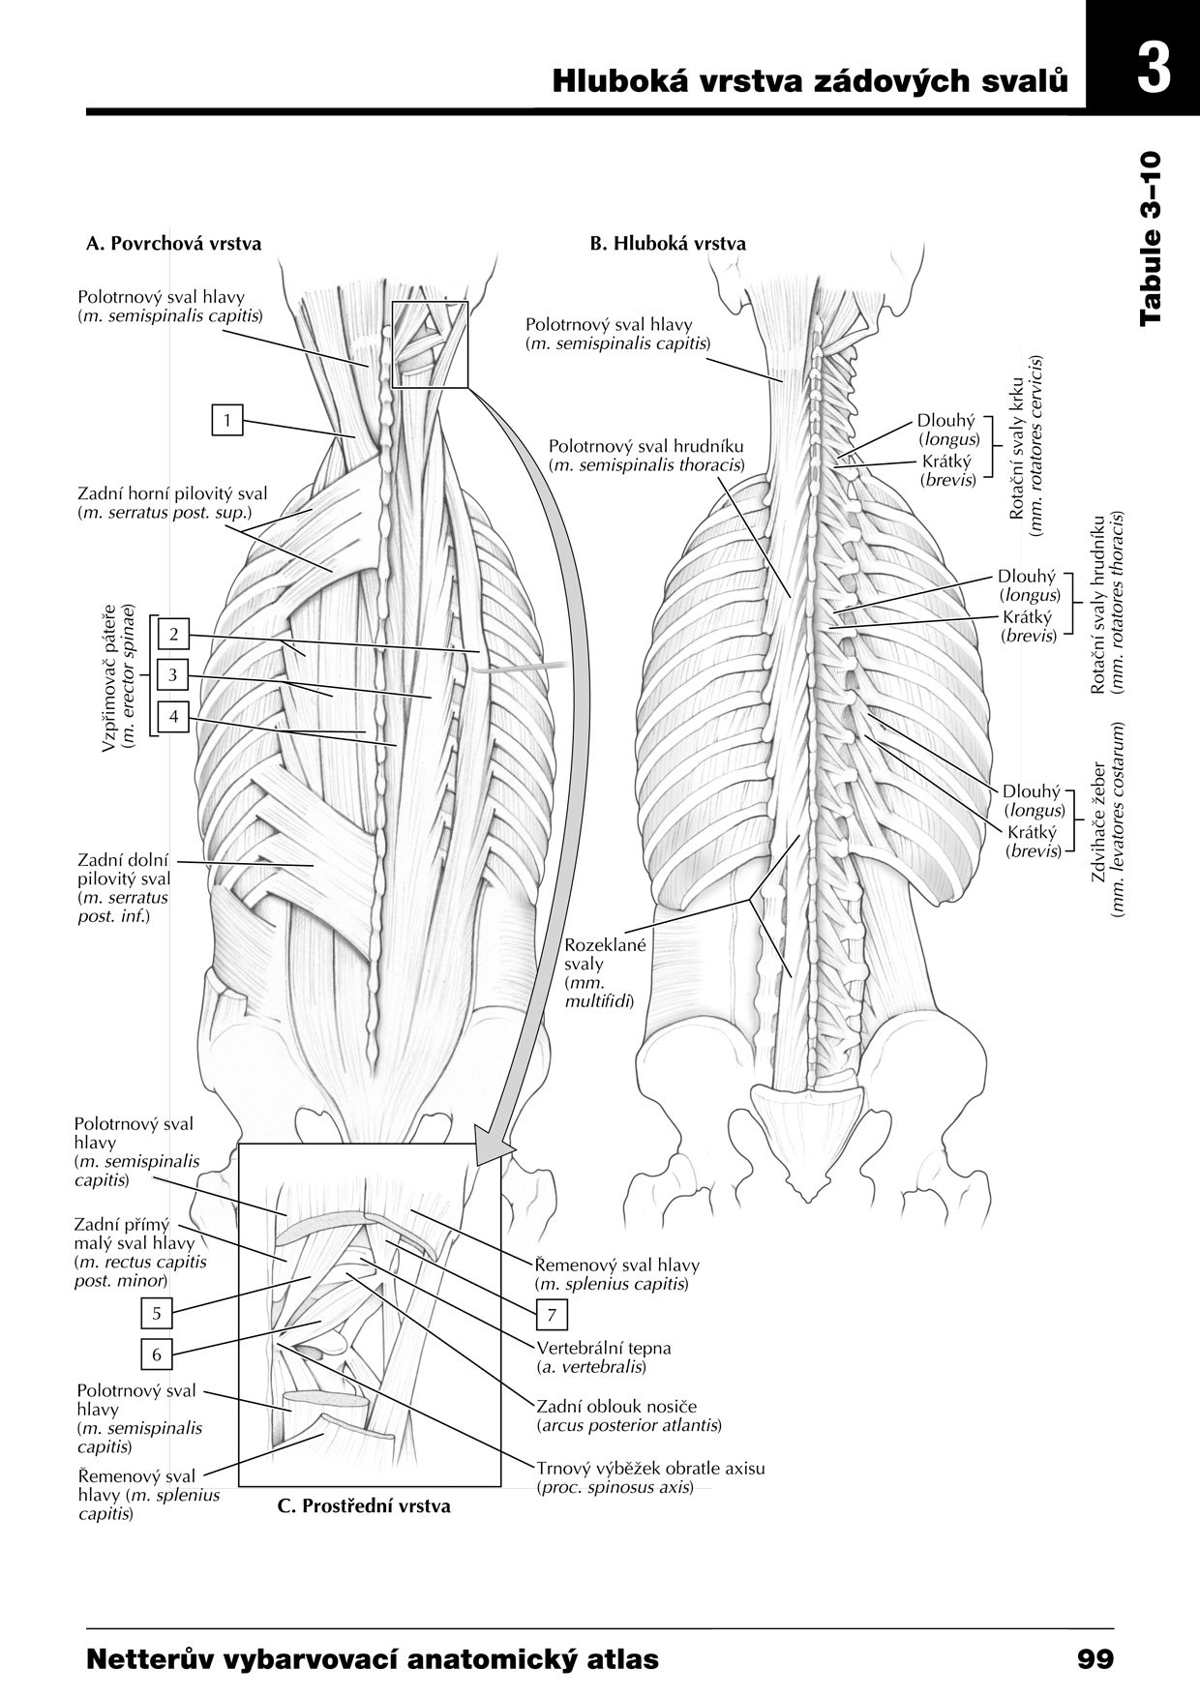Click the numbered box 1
pyautogui.click(x=227, y=420)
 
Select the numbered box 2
pyautogui.click(x=173, y=634)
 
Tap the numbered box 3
pyautogui.click(x=173, y=675)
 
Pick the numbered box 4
pyautogui.click(x=173, y=717)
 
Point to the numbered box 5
pyautogui.click(x=157, y=1313)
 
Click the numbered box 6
pyautogui.click(x=157, y=1355)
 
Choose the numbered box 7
pyautogui.click(x=552, y=1315)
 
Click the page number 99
pyautogui.click(x=1095, y=1659)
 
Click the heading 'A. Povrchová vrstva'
pyautogui.click(x=174, y=243)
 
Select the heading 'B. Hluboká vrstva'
pyautogui.click(x=668, y=243)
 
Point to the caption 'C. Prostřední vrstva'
pyautogui.click(x=364, y=1505)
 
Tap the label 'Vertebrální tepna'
pyautogui.click(x=603, y=1348)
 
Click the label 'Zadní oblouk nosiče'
pyautogui.click(x=615, y=1406)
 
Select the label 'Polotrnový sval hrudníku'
pyautogui.click(x=645, y=446)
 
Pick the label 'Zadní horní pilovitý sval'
pyautogui.click(x=172, y=493)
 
